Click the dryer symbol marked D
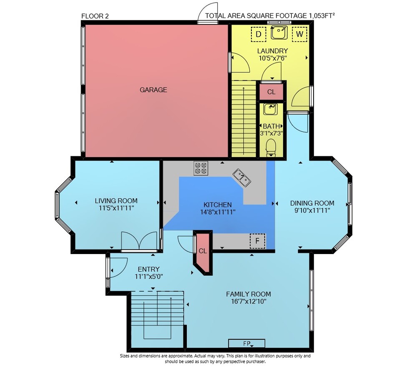point(258,34)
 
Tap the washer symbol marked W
point(299,34)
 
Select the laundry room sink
point(279,32)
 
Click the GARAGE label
point(153,90)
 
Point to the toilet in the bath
point(271,147)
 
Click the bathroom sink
point(271,109)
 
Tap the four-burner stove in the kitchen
point(201,168)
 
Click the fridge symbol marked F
point(257,241)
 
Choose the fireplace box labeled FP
point(246,343)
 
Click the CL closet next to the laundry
point(271,92)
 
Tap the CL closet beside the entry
point(203,252)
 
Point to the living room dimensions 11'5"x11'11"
point(116,208)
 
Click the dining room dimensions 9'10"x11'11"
point(312,210)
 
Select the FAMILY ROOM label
point(249,294)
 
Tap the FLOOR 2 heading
point(95,16)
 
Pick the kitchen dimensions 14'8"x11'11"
point(218,212)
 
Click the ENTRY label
point(149,269)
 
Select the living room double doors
point(139,241)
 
